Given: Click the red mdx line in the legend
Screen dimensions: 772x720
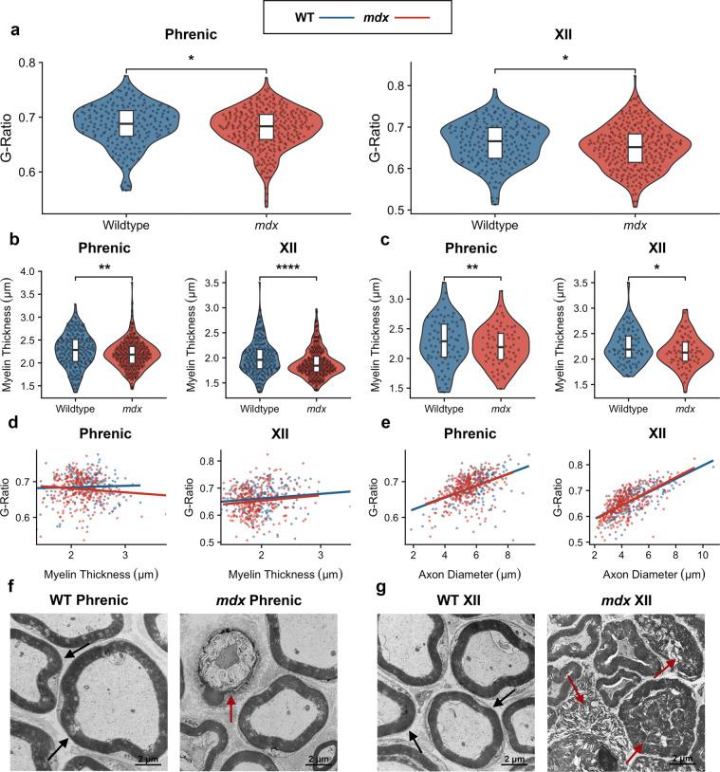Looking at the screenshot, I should coord(415,16).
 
